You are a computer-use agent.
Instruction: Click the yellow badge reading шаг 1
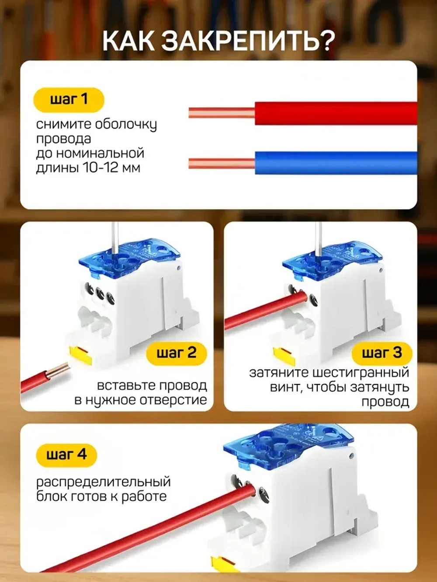tap(69, 100)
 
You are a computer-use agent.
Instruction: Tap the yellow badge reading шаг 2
tap(176, 353)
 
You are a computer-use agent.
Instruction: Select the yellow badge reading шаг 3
tap(381, 353)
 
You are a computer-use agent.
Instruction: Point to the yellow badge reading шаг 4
tap(66, 455)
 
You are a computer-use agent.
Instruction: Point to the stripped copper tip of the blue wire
tap(221, 164)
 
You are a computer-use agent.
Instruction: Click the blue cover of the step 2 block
tap(130, 255)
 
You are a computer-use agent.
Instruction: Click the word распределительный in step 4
tap(103, 482)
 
